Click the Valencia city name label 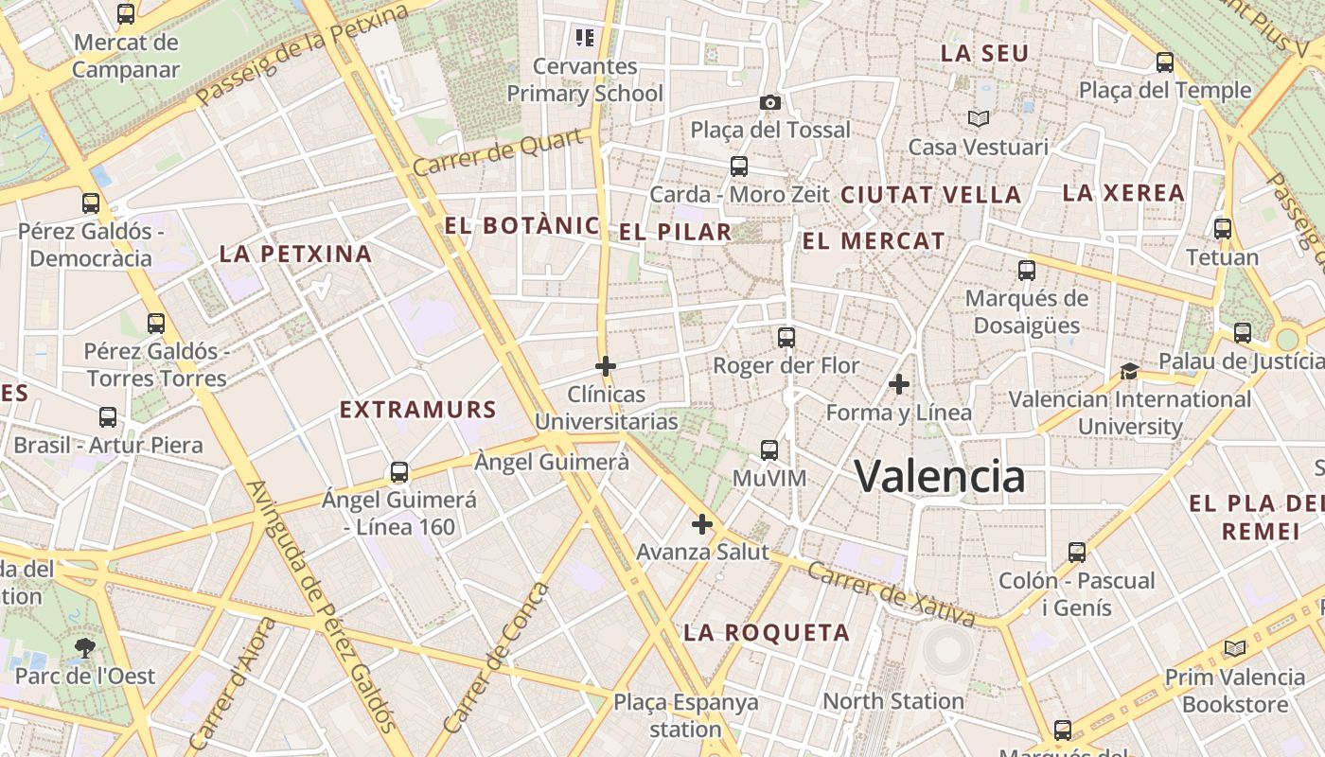[939, 475]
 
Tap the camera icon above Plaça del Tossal [770, 102]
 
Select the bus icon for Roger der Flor [786, 337]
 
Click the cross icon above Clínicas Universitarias [606, 365]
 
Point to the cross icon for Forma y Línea [899, 384]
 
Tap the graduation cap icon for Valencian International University [1129, 371]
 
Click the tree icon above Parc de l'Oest [85, 648]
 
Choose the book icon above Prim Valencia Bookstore [1234, 649]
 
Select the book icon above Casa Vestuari [978, 119]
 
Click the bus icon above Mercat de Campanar [126, 14]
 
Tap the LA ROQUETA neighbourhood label [767, 633]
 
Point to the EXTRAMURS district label [417, 410]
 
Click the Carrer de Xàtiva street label [892, 594]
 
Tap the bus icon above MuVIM [769, 450]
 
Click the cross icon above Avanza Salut [701, 524]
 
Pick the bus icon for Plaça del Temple [1165, 62]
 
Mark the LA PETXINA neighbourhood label [295, 254]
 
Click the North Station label [892, 701]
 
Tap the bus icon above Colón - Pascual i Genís [1076, 553]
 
